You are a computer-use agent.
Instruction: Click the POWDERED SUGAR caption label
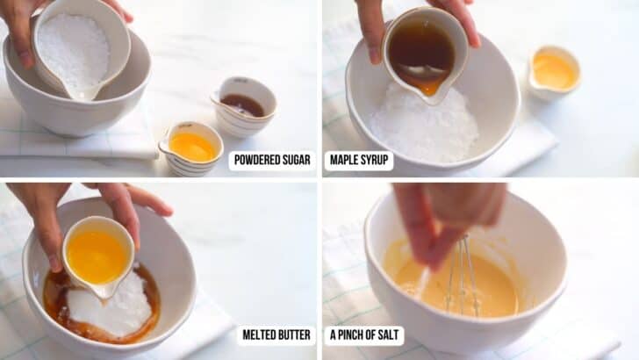(x=272, y=161)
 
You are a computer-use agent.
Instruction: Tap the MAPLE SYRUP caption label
(x=359, y=161)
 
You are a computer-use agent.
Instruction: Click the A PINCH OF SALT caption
(x=363, y=335)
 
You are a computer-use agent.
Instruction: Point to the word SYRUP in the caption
(x=374, y=161)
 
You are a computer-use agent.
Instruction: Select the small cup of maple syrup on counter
(x=242, y=105)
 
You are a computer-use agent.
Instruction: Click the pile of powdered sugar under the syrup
(x=425, y=127)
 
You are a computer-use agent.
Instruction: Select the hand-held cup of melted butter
(x=97, y=256)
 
